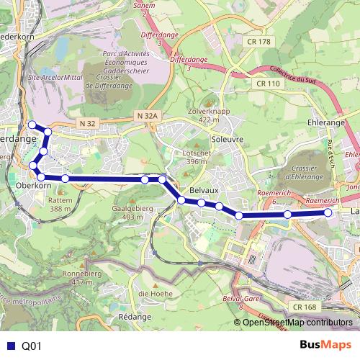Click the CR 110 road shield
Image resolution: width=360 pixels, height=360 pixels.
(267, 84)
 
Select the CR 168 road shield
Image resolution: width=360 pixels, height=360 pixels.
(305, 307)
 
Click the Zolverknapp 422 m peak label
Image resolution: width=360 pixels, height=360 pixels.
(208, 115)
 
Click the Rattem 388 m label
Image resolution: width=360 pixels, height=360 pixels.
(60, 204)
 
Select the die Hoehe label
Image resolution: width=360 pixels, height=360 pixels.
(153, 293)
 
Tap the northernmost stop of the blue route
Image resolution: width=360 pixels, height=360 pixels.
(32, 125)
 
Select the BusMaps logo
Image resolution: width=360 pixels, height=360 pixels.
(325, 345)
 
